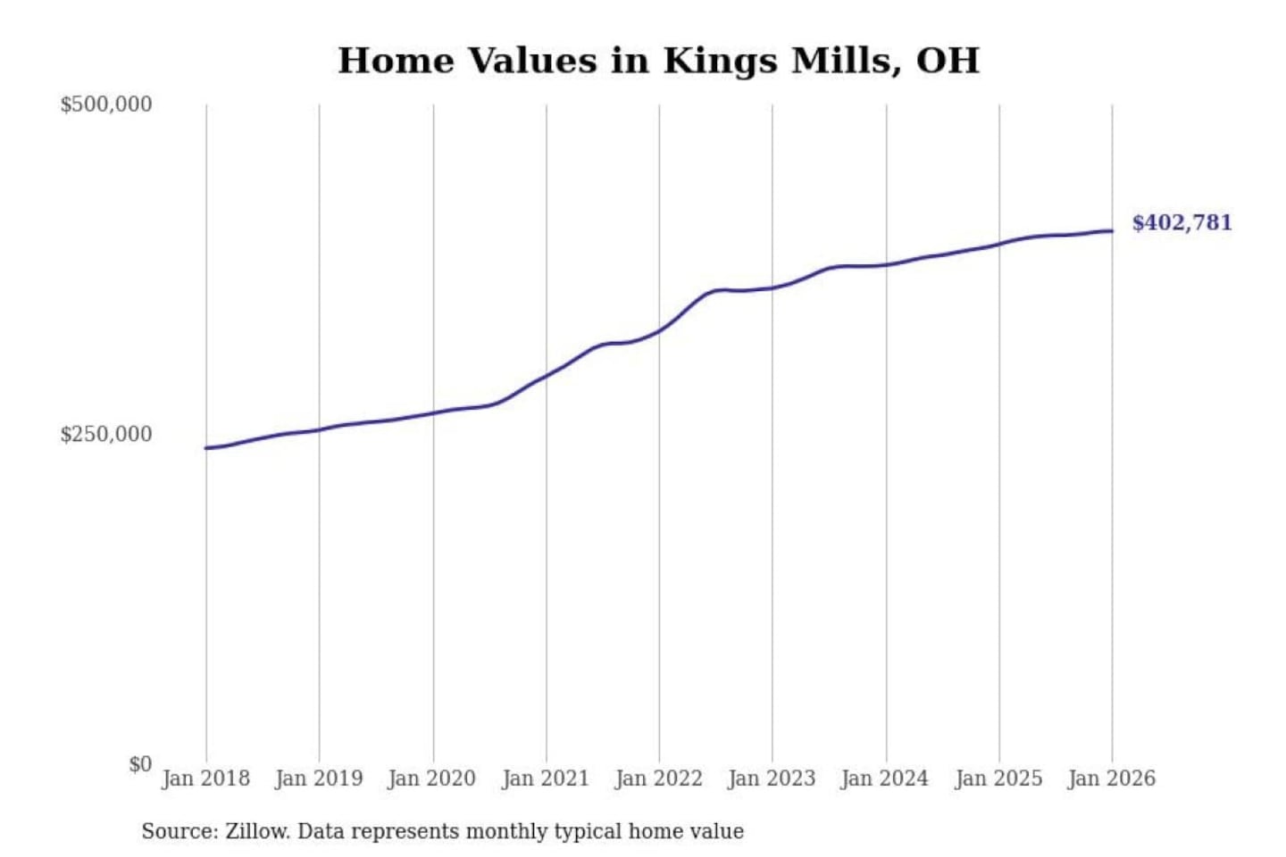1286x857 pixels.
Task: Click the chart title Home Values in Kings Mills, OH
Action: click(658, 61)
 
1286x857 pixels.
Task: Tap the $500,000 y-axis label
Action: click(106, 104)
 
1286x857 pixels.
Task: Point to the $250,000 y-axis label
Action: click(106, 435)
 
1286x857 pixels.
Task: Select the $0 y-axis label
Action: click(139, 764)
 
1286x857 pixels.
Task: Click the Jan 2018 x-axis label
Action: click(205, 778)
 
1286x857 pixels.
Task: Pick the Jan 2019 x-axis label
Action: click(319, 778)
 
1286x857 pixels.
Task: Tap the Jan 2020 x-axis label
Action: click(432, 778)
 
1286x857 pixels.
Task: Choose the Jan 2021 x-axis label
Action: click(546, 778)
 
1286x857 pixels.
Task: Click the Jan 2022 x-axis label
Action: click(659, 778)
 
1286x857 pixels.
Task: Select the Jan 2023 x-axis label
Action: click(772, 778)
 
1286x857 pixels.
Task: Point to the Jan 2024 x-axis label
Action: click(885, 778)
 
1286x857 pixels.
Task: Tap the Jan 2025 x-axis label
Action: click(998, 778)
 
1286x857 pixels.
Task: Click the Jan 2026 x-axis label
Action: click(1112, 778)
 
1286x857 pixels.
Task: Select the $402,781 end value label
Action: click(1182, 222)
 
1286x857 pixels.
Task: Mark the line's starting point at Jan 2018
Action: click(206, 448)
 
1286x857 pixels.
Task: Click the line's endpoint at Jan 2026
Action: click(1112, 231)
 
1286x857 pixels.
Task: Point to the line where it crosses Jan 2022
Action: click(659, 331)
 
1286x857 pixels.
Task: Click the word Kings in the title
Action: click(719, 61)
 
